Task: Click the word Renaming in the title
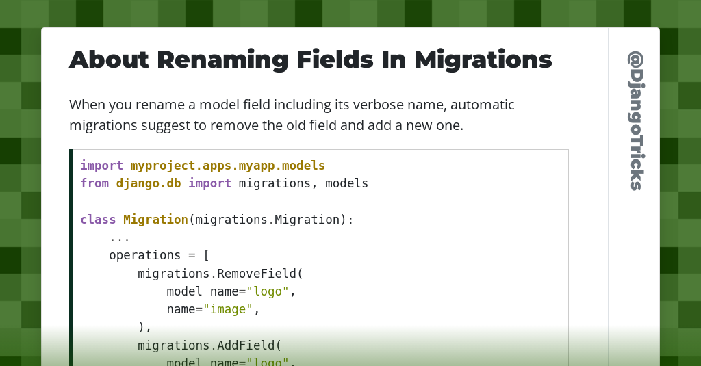coord(222,60)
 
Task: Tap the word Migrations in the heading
coord(483,60)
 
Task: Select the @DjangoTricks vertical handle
coord(635,120)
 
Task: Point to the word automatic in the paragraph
coord(483,105)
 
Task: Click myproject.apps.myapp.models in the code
coord(227,166)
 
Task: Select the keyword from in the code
coord(94,183)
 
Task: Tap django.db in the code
coord(149,183)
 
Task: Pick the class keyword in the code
coord(98,220)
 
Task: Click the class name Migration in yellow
coord(155,220)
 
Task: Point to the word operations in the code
coord(145,255)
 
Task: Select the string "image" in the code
coord(227,309)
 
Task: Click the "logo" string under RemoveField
coord(268,291)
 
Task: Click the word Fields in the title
coord(335,60)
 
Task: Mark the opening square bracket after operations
coord(206,255)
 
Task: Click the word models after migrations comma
coord(346,183)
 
